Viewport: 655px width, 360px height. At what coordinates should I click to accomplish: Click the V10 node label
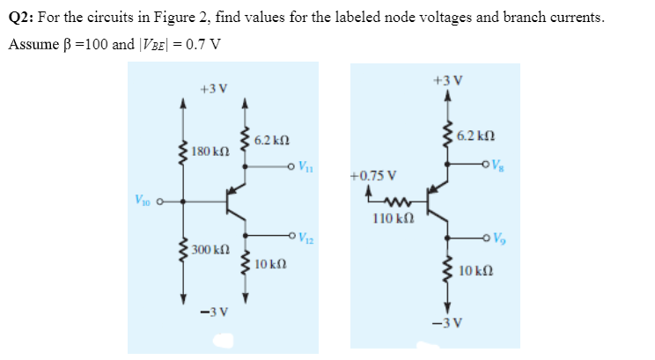(143, 199)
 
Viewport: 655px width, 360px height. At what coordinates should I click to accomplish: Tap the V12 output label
(304, 235)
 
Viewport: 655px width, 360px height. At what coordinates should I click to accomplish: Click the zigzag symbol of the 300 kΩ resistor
(183, 250)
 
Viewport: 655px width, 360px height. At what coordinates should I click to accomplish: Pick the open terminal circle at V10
(161, 201)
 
